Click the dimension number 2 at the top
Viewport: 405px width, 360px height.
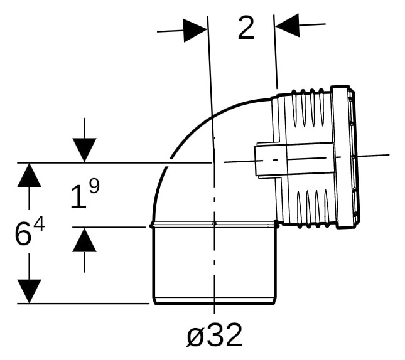click(246, 28)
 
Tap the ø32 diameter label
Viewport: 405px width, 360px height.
click(214, 336)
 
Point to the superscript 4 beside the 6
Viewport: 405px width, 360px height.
click(40, 225)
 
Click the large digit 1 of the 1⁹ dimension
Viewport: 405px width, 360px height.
click(78, 198)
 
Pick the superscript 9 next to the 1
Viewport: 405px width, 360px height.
click(95, 186)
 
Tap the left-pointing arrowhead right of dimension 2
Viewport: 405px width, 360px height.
click(287, 26)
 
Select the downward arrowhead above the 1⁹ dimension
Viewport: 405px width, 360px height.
click(85, 150)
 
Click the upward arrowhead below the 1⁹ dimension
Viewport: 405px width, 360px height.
click(85, 240)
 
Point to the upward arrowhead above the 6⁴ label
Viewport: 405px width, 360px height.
click(29, 175)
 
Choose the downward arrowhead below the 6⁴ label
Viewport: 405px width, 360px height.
click(29, 291)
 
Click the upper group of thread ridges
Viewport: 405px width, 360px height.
click(308, 108)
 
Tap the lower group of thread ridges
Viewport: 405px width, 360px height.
click(313, 209)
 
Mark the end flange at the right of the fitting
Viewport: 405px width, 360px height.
click(345, 157)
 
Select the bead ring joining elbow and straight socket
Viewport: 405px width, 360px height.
click(214, 225)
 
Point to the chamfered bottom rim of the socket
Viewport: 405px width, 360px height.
click(214, 301)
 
